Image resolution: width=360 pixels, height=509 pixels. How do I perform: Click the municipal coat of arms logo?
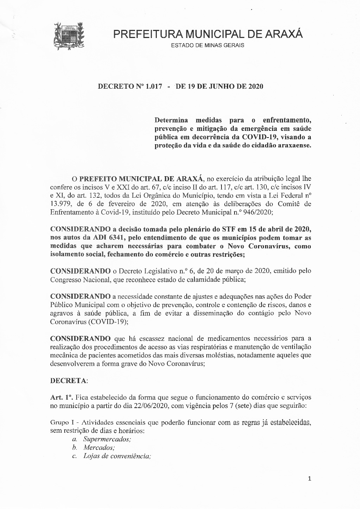pyautogui.click(x=69, y=36)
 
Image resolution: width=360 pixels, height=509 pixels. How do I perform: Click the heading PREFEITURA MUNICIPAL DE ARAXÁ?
pyautogui.click(x=207, y=34)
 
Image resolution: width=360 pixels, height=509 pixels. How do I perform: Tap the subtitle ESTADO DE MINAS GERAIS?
pyautogui.click(x=207, y=45)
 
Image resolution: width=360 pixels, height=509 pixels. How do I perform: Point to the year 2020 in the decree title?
pyautogui.click(x=256, y=86)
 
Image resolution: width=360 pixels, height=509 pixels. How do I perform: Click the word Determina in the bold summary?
pyautogui.click(x=171, y=120)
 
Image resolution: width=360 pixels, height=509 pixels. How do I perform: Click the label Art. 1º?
pyautogui.click(x=61, y=397)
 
